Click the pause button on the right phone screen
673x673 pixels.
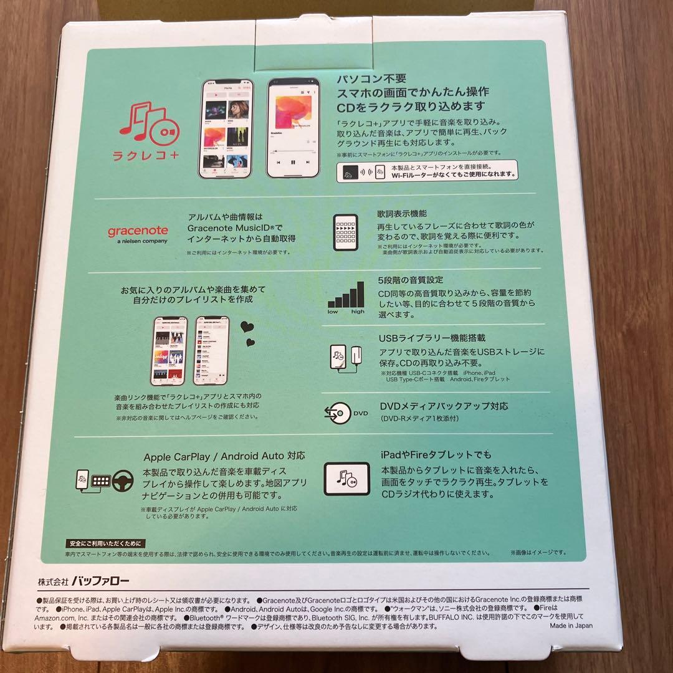(292, 162)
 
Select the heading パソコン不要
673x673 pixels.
(371, 79)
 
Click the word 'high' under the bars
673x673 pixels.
(358, 312)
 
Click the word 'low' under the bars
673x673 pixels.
(333, 312)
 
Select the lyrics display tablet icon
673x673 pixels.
(346, 230)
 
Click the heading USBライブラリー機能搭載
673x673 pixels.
(432, 338)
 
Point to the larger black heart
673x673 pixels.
(247, 326)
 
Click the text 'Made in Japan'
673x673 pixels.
(571, 626)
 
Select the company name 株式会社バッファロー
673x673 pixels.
(84, 581)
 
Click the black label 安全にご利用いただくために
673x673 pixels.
(105, 543)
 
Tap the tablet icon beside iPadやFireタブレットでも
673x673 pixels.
(346, 479)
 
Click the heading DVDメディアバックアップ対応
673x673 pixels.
(444, 406)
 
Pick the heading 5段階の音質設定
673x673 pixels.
(411, 280)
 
